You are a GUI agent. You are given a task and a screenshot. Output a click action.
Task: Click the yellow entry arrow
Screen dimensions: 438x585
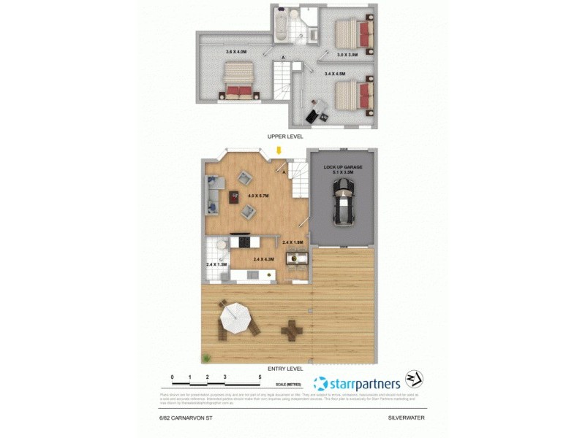[279, 150]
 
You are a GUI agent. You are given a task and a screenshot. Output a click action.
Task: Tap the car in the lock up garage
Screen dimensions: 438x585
[342, 201]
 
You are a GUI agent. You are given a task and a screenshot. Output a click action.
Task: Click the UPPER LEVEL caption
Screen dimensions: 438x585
[286, 136]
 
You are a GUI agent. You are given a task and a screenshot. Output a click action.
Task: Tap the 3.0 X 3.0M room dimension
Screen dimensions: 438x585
[347, 54]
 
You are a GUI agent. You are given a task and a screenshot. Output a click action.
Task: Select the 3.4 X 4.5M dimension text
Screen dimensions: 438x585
[334, 73]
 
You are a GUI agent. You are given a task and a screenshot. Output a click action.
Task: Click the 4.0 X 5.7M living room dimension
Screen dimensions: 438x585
[259, 196]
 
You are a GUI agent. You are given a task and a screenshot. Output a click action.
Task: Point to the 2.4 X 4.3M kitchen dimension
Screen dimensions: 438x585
[263, 259]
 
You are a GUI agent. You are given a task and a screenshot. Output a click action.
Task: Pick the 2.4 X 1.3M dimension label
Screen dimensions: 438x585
[216, 264]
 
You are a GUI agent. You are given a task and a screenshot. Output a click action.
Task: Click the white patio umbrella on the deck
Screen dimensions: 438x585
[236, 318]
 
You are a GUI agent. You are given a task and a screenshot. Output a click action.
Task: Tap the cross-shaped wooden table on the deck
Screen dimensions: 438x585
[292, 331]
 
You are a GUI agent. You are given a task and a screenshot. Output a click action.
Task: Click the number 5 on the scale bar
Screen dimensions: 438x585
[260, 377]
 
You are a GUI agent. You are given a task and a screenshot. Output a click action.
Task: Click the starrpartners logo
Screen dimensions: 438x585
[357, 383]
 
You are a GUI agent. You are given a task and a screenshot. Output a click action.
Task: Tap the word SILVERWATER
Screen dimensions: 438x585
[406, 418]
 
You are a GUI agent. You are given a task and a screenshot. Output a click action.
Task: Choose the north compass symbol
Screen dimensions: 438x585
[415, 380]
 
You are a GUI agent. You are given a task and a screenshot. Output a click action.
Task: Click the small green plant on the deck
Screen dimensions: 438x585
[208, 358]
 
